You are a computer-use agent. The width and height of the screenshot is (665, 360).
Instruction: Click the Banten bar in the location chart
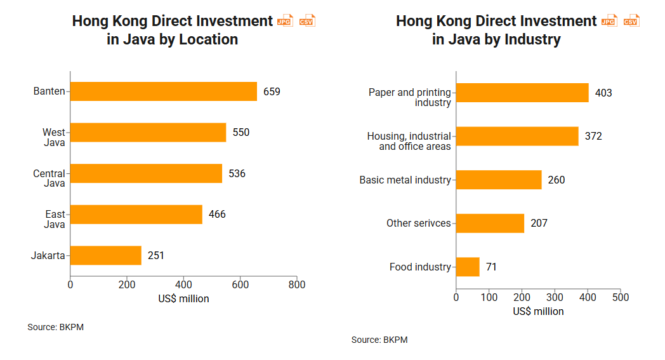[164, 91]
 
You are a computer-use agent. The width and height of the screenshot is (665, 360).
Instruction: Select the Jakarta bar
[106, 255]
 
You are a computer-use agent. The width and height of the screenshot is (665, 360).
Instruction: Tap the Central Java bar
[146, 173]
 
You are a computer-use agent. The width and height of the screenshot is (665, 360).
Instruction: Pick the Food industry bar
[468, 267]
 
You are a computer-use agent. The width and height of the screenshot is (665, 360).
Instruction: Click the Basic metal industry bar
[499, 180]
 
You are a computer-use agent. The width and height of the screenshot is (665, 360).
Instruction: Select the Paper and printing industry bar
[522, 93]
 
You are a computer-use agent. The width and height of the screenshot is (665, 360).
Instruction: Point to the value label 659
[272, 91]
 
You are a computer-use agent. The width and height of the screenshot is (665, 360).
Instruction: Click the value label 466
[217, 215]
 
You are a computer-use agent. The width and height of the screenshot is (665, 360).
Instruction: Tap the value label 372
[593, 137]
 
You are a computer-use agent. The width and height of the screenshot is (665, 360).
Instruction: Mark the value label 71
[491, 267]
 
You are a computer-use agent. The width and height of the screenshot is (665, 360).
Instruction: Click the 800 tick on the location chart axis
[297, 285]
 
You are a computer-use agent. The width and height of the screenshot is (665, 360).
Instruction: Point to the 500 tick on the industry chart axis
[620, 297]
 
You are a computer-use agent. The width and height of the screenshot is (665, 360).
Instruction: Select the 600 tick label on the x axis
[240, 285]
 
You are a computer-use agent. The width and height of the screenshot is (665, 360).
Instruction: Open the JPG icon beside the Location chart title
[286, 21]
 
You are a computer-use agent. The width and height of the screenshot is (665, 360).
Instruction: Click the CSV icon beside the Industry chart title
[631, 21]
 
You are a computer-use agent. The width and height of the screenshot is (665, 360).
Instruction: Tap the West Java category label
[54, 137]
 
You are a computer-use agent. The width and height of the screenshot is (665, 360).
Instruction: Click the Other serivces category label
[419, 223]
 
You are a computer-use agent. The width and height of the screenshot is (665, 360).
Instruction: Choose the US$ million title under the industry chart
[538, 311]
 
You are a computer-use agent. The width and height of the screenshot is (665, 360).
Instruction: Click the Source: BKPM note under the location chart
[56, 328]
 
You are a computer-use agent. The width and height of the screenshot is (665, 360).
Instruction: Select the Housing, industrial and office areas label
[409, 141]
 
